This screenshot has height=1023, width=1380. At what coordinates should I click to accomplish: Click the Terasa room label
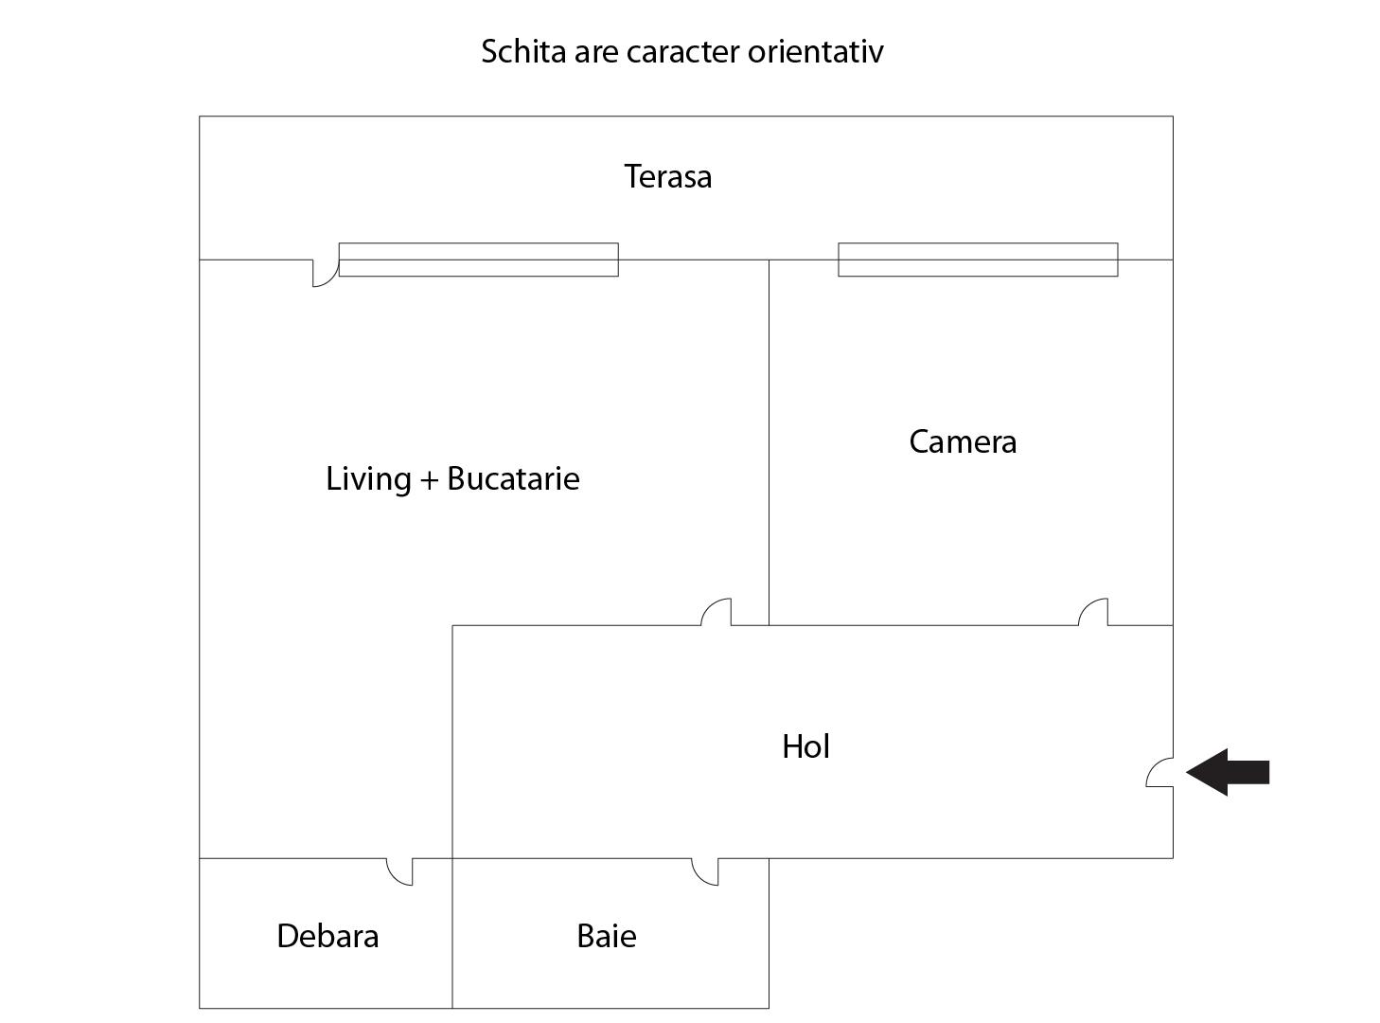pos(667,177)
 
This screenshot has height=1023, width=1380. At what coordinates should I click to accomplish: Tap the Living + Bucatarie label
pos(452,479)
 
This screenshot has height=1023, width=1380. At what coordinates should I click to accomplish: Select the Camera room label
pos(963,442)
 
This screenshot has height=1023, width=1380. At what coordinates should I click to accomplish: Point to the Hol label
pos(805,747)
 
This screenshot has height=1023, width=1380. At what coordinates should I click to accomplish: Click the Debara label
pos(327,937)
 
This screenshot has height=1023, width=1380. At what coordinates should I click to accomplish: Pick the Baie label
pos(606,937)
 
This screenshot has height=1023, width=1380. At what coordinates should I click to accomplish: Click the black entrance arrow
pos(1228,772)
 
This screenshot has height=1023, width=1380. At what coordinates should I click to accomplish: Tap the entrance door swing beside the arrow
pos(1159,773)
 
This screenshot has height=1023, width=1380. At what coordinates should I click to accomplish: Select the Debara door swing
pos(400,871)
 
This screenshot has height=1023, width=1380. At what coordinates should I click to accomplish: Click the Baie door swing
pos(705,871)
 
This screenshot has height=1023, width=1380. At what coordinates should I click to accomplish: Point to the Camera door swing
pos(1093,612)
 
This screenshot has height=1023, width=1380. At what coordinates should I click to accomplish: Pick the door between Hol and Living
pos(717,612)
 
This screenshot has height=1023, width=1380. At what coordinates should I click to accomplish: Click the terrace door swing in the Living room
pos(326,273)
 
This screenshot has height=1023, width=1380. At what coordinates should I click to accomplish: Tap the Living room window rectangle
pos(478,260)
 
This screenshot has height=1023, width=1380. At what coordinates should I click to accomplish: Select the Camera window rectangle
pos(978,260)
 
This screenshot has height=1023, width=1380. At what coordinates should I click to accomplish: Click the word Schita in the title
pos(523,51)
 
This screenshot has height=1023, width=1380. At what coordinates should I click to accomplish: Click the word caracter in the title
pos(683,51)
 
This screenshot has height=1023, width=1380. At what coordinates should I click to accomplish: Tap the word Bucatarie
pos(513,479)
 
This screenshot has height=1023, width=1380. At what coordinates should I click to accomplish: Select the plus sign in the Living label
pos(429,480)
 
